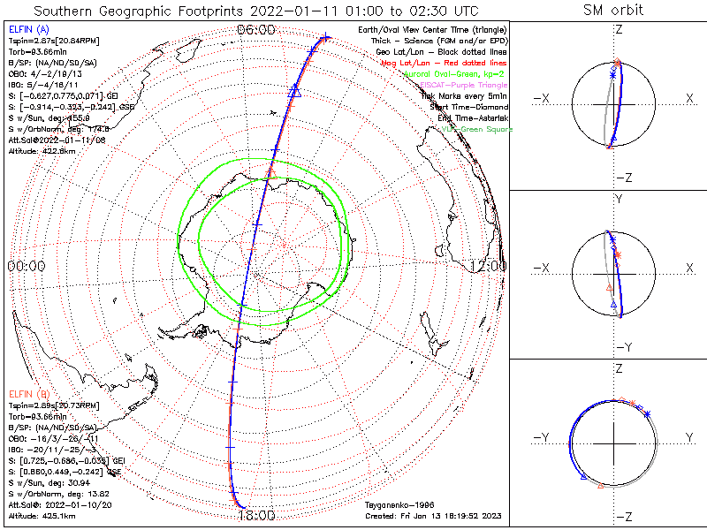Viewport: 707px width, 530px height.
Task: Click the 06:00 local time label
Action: pos(255,29)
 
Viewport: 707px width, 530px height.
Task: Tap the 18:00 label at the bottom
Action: pos(256,515)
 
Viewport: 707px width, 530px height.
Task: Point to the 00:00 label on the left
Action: pos(27,265)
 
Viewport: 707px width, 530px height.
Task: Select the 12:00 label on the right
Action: pos(488,265)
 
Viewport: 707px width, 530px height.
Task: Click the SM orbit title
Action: pos(613,11)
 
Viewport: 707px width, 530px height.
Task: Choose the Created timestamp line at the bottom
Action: pos(436,514)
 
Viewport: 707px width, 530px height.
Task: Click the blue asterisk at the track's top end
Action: pos(326,37)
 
